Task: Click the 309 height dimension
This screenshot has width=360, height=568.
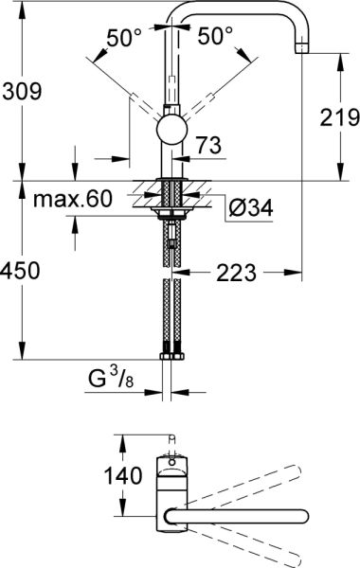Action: tap(21, 92)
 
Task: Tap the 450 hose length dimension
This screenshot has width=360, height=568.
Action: tap(21, 271)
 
